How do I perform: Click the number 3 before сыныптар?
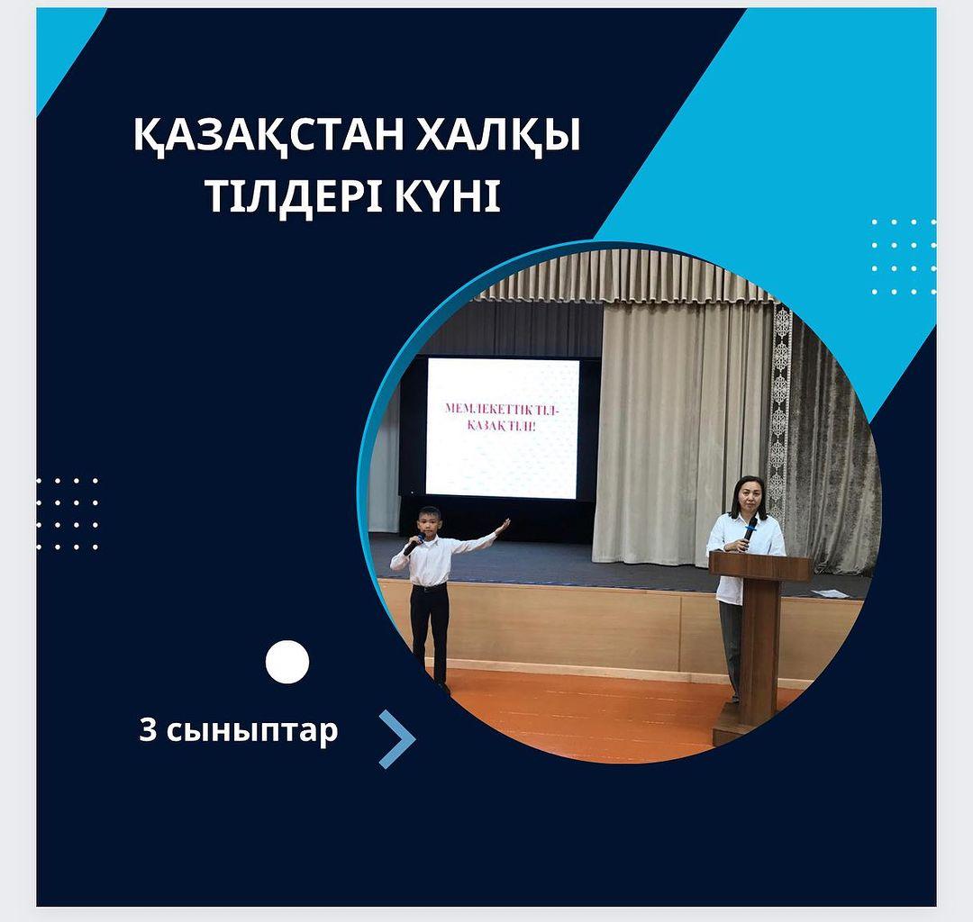pos(148,730)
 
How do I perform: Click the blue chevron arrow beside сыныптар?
pos(397,739)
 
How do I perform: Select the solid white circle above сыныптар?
pos(287,662)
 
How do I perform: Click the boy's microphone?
pos(413,543)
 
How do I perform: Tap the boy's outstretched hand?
pos(503,526)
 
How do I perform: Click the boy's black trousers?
pos(431,632)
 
